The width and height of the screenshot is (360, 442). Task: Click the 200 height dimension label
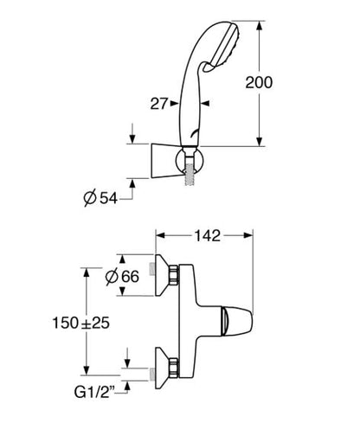point(259,82)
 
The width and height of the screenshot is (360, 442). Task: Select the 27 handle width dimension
point(158,104)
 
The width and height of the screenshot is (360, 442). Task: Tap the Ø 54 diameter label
point(100,198)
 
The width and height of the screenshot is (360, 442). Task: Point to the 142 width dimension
point(207,236)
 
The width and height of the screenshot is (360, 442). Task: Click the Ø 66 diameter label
point(122,277)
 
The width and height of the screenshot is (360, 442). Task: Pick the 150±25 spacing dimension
point(81,323)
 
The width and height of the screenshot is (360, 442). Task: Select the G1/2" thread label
point(94,392)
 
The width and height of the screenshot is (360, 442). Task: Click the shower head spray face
point(227,46)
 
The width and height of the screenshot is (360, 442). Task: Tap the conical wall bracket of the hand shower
point(163,160)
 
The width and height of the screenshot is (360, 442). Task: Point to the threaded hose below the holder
point(190,174)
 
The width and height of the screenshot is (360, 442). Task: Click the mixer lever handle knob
point(236,321)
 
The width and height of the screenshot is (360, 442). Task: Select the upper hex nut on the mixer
point(174,275)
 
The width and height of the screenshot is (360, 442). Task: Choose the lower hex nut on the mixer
point(174,368)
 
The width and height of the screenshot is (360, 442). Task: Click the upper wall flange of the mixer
point(162,275)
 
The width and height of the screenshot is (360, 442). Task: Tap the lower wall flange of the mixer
point(162,368)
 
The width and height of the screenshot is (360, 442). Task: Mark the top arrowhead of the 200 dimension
point(260,25)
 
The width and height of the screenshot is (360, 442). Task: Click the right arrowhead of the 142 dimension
point(248,235)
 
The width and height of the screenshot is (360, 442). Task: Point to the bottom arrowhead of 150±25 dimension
point(87,370)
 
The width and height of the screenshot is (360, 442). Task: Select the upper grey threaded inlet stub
point(152,269)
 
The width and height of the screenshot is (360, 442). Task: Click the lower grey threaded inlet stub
point(152,375)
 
